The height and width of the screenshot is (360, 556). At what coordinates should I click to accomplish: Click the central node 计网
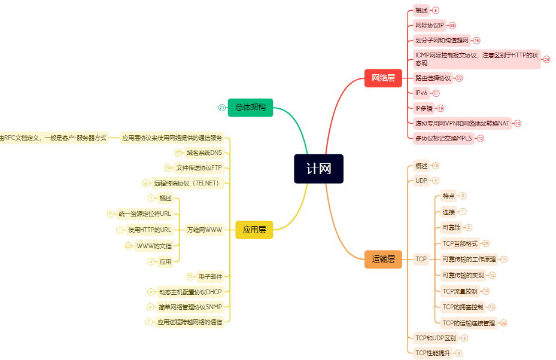[318, 169]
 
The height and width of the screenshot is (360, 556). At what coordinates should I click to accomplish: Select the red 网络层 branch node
[383, 78]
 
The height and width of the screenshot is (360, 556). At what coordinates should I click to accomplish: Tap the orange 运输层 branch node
[383, 259]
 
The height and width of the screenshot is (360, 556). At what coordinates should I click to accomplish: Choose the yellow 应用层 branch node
[254, 230]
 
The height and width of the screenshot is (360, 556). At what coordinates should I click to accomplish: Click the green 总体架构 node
[250, 108]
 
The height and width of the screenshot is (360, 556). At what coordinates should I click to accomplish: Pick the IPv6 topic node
[422, 93]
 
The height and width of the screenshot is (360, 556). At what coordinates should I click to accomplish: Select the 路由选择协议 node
[433, 78]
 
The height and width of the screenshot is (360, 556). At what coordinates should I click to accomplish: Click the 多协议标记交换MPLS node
[443, 138]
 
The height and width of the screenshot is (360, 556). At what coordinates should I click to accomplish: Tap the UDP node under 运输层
[421, 181]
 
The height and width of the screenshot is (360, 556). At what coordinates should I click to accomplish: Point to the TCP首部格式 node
[460, 243]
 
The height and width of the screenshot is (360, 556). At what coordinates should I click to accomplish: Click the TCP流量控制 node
[460, 291]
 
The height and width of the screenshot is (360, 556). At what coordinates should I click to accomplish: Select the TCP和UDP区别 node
[436, 338]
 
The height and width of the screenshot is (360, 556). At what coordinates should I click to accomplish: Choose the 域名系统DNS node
[204, 152]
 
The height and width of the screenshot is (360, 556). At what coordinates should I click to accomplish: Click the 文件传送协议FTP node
[199, 168]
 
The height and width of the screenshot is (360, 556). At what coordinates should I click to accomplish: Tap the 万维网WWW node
[204, 230]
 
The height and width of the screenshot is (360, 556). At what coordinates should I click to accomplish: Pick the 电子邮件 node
[210, 277]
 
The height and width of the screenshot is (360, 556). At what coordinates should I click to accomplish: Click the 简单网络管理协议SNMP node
[190, 307]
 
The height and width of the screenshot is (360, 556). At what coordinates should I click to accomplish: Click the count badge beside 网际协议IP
[452, 25]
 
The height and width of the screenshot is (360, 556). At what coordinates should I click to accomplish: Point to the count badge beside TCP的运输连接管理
[503, 323]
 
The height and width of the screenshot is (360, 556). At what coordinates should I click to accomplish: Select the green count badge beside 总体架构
[221, 108]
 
